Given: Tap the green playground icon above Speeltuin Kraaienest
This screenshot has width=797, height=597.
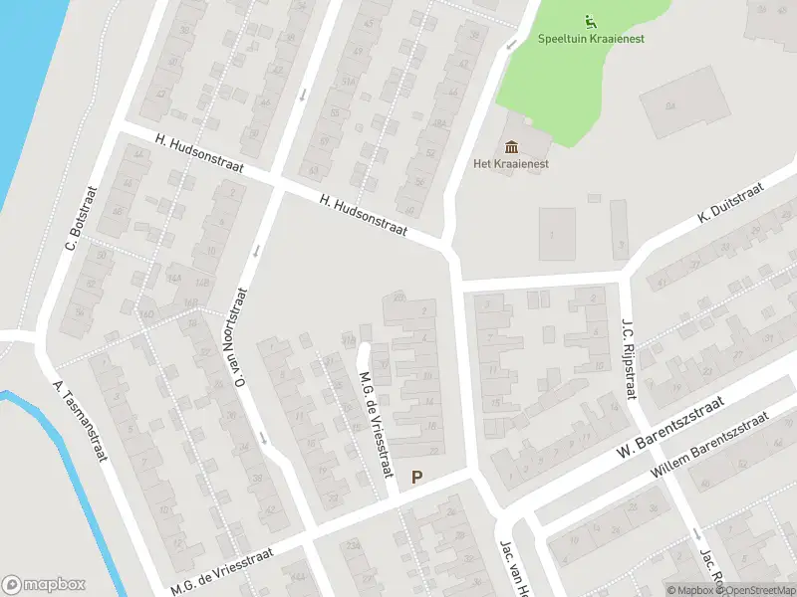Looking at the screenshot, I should click(590, 20).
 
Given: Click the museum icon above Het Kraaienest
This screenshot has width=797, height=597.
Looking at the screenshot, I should click(512, 147).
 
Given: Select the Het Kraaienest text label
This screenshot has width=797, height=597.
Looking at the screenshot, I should click(512, 164).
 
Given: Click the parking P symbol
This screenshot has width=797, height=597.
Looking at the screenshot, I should click(417, 478).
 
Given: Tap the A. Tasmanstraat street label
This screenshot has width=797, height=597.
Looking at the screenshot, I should click(81, 422).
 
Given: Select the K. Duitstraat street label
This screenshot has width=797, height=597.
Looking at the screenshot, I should click(730, 201).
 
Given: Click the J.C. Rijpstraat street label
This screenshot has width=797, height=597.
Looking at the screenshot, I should click(629, 359).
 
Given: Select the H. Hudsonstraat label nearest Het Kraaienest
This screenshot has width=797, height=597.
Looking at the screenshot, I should click(365, 214).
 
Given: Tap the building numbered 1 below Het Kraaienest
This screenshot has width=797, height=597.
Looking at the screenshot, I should click(554, 236).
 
